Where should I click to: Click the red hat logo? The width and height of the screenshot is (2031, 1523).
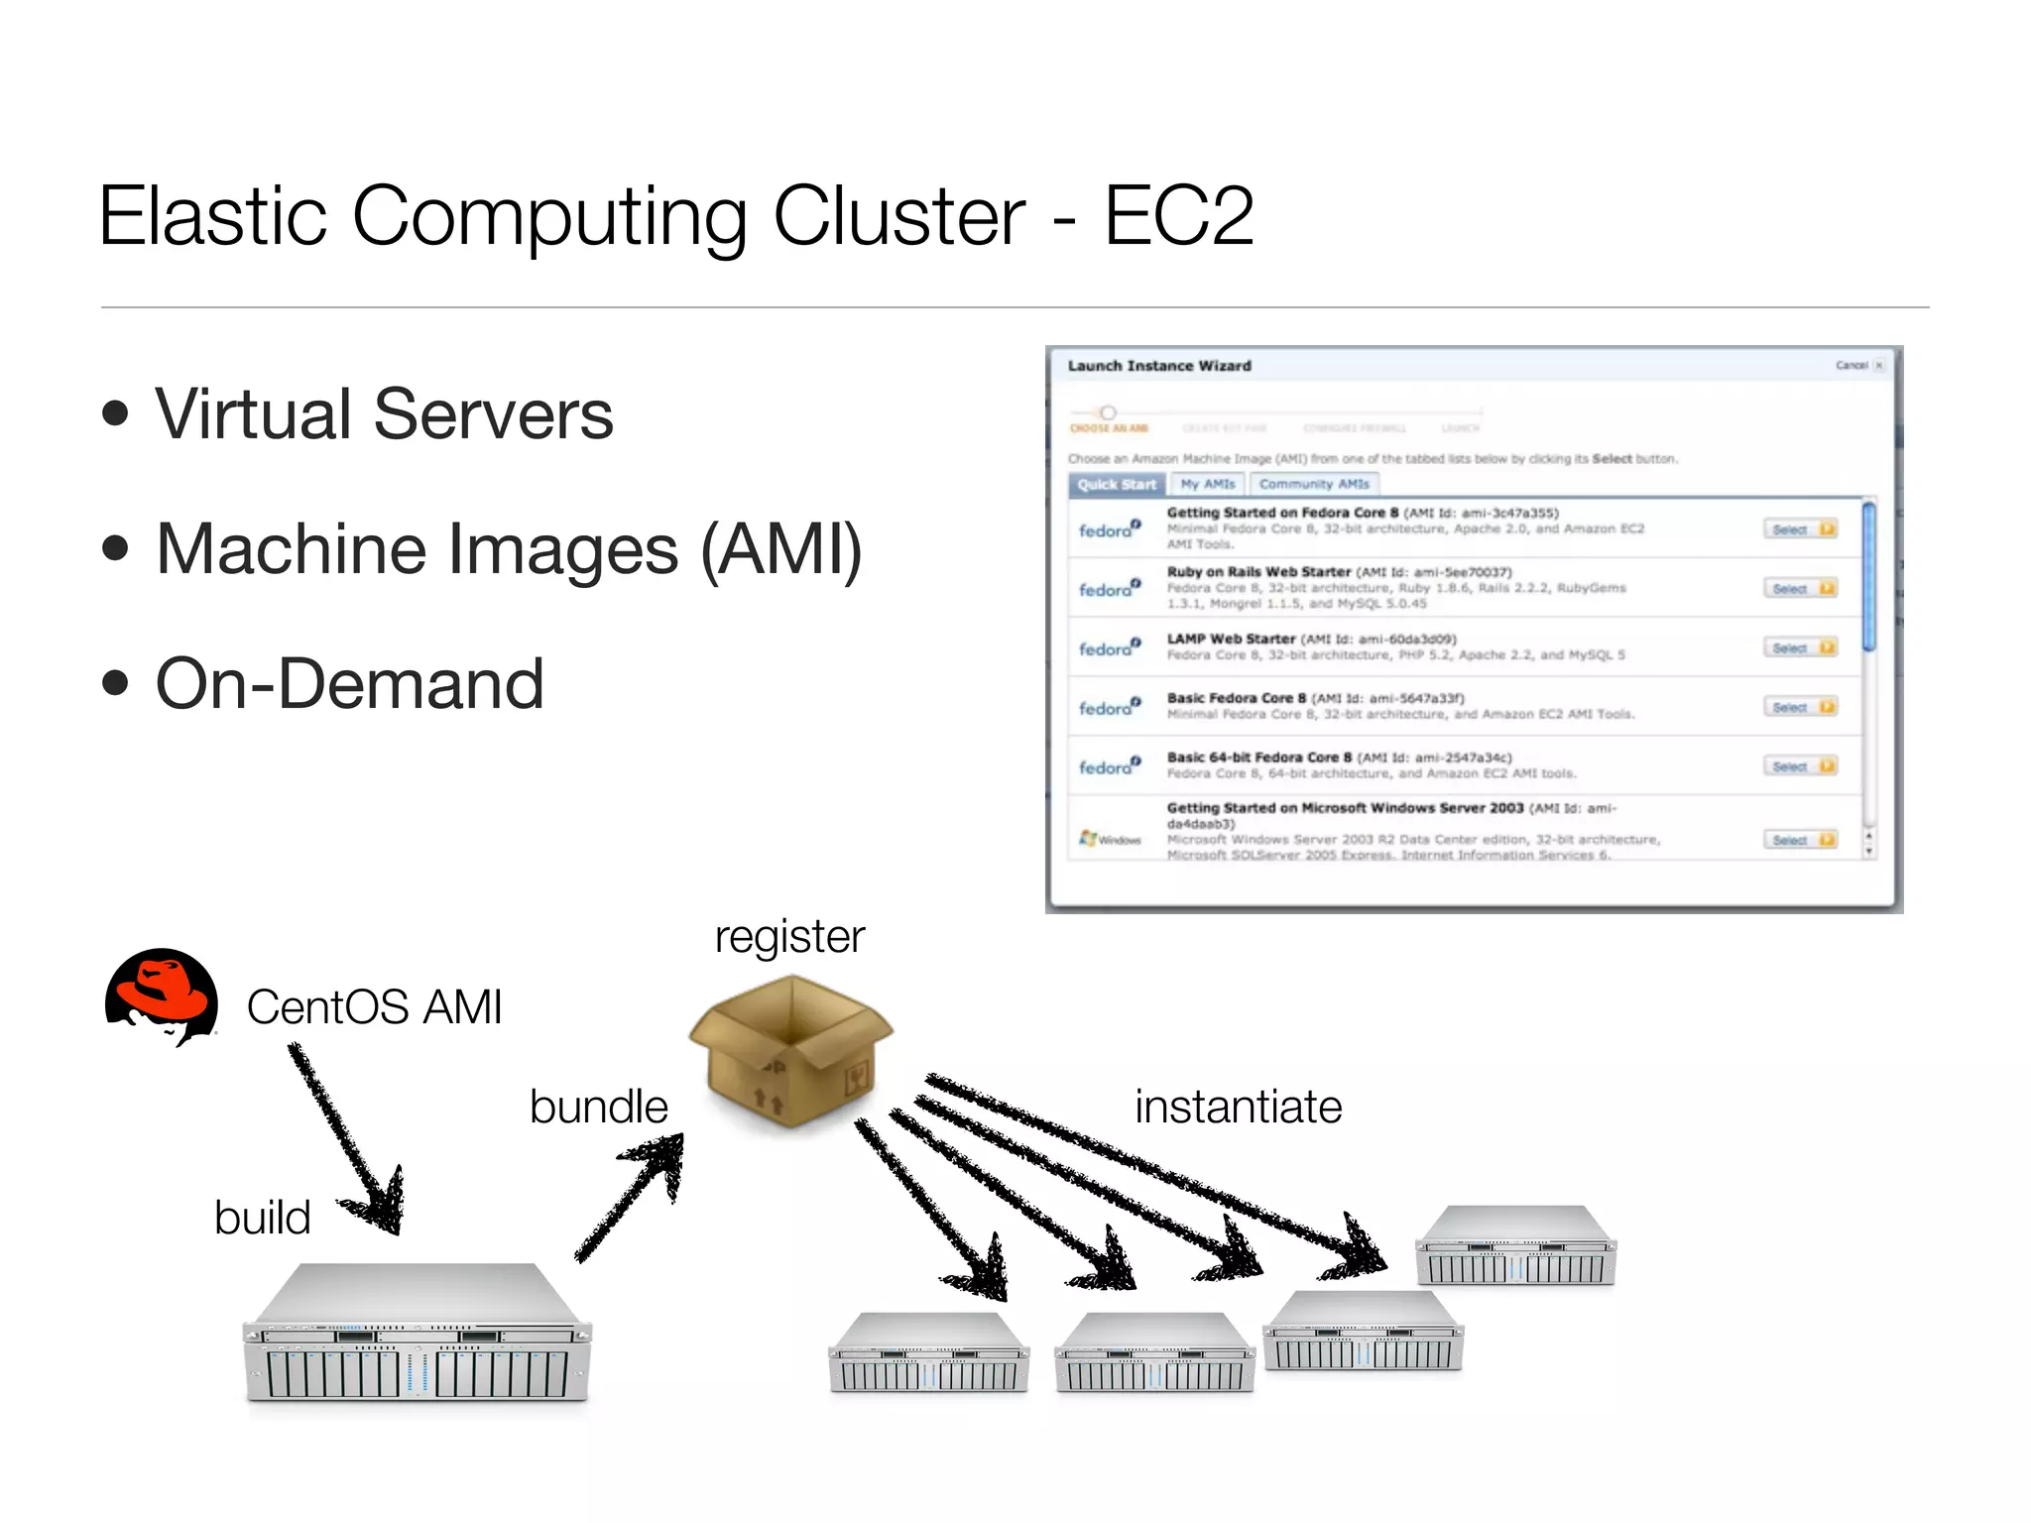coord(162,996)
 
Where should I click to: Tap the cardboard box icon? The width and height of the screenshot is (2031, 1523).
coord(789,1051)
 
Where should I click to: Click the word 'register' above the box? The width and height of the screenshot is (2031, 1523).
coord(789,936)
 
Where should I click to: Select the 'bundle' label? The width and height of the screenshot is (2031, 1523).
coord(598,1106)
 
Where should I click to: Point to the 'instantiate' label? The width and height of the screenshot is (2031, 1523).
coord(1238,1106)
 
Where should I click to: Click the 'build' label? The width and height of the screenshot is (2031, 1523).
coord(262,1217)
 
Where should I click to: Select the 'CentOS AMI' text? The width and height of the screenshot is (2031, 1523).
coord(374,1006)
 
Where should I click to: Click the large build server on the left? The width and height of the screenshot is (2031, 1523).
coord(417,1334)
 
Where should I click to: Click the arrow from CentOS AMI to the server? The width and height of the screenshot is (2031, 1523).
coord(347,1140)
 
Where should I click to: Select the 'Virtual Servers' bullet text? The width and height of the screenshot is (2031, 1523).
coord(384,413)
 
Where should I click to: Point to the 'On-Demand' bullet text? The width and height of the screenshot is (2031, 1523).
coord(349,683)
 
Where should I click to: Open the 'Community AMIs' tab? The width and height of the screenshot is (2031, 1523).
coord(1313,484)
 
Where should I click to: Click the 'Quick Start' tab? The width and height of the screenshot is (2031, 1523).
coord(1117,484)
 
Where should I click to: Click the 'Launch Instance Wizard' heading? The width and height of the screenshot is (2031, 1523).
coord(1158,366)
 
